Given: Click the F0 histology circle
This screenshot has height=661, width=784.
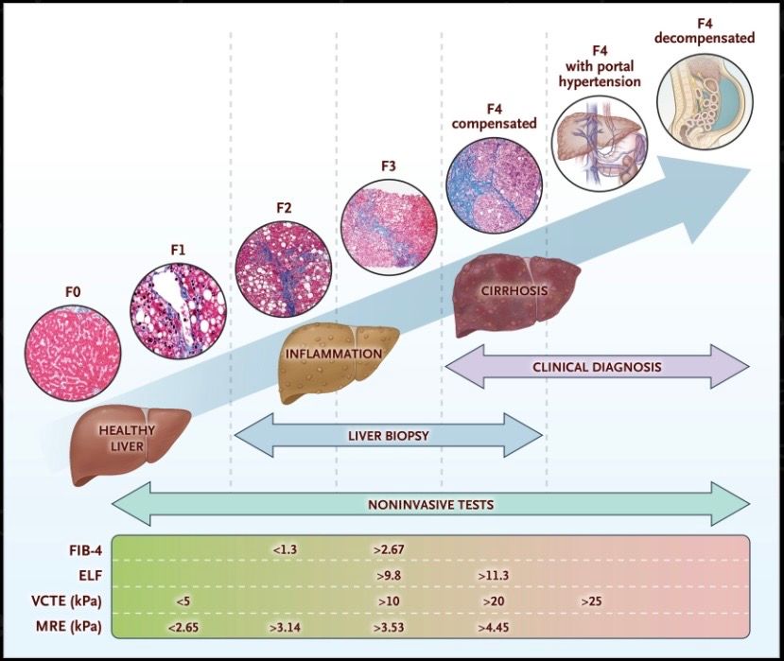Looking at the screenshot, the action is [x=73, y=354].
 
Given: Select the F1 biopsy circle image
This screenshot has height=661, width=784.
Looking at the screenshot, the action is [x=178, y=310].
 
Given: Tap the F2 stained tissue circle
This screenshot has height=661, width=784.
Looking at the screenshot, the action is [x=284, y=270].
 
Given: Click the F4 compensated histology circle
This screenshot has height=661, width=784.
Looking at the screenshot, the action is [x=494, y=185].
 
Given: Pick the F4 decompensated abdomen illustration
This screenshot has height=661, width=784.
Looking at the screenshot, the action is [x=705, y=99].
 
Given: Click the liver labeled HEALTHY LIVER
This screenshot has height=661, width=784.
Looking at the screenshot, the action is [x=129, y=443].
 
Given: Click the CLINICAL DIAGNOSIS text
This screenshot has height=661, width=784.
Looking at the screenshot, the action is [x=597, y=368].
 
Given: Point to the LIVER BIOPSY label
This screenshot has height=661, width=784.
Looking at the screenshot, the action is [x=389, y=436].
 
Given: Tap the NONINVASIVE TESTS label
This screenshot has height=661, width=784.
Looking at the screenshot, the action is [x=431, y=505].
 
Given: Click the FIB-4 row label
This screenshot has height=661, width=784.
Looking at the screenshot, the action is [x=85, y=550].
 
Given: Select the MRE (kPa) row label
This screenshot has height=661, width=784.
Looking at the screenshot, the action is [x=69, y=627].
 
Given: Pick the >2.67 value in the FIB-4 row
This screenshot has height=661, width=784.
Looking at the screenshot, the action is [x=389, y=550].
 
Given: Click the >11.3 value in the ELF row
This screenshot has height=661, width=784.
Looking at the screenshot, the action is [x=494, y=576].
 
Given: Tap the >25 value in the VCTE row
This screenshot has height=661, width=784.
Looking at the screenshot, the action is [x=591, y=601].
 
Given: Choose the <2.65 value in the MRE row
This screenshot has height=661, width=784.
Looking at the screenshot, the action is [x=183, y=627].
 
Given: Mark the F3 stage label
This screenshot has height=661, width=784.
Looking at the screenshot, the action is [x=389, y=166].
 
